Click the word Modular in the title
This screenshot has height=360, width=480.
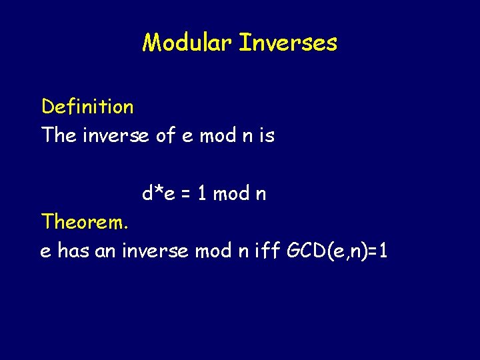click(187, 43)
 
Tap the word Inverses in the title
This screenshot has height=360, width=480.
click(288, 43)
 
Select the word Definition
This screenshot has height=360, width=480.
click(87, 106)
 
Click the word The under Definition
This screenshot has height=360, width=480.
click(59, 135)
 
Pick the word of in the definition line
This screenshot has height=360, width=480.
click(165, 135)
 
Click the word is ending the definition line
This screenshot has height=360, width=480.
click(267, 135)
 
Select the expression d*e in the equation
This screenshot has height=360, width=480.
click(159, 193)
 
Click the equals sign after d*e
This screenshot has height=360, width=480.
click(187, 194)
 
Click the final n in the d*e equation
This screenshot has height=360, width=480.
click(261, 195)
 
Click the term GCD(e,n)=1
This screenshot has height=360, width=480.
click(337, 251)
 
